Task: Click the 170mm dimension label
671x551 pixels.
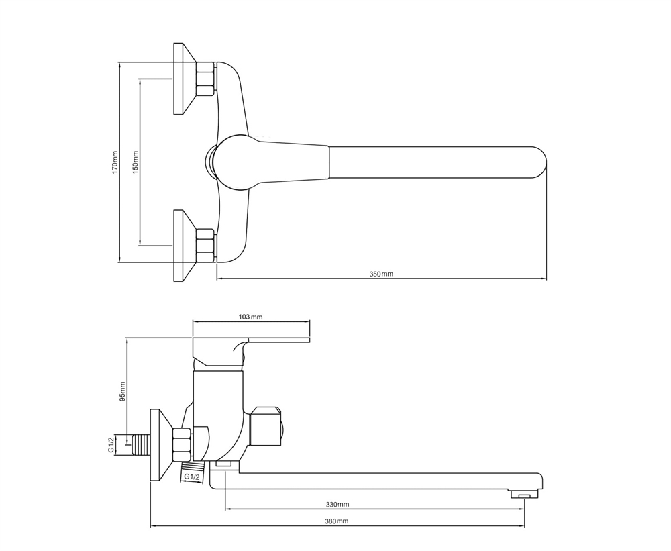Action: [114, 162]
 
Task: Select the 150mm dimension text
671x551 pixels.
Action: [136, 162]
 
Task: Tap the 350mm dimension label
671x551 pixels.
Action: [381, 274]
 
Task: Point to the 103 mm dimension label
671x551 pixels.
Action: [250, 317]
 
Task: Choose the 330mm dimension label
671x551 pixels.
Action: [338, 504]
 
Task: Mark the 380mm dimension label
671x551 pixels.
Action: [337, 521]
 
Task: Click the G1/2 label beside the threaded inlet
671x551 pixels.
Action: [111, 445]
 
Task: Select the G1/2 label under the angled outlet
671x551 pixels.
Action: [192, 477]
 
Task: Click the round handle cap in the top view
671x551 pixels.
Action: [234, 162]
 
